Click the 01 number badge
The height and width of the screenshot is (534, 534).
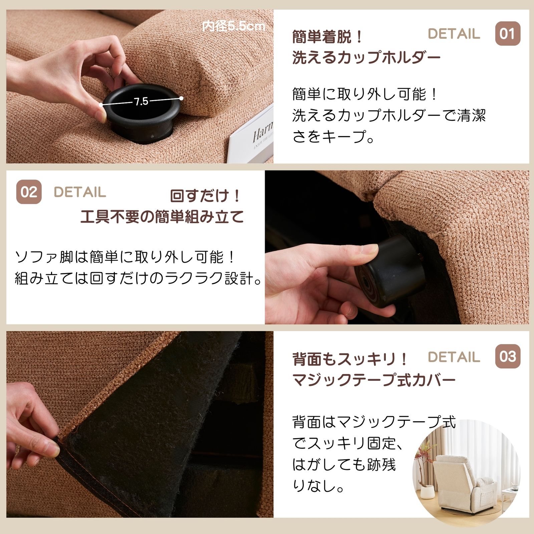click(507, 34)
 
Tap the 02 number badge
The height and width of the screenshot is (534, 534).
click(29, 192)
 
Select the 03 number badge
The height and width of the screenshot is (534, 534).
click(507, 356)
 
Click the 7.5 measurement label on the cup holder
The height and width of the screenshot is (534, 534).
click(141, 101)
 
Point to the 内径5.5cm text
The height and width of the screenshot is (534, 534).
click(234, 26)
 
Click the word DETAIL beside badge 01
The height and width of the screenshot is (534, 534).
click(454, 34)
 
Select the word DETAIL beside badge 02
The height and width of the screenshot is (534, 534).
click(80, 192)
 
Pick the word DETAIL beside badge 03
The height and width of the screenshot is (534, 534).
click(454, 357)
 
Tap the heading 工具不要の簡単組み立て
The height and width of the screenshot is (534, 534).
click(162, 217)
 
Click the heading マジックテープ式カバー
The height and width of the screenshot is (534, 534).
click(374, 380)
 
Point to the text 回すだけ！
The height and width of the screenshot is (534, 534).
click(205, 196)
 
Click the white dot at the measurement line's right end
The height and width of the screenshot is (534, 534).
click(181, 98)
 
